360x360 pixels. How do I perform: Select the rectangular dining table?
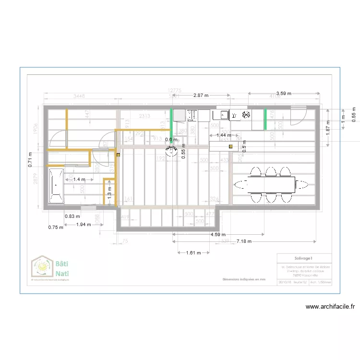point(271,183)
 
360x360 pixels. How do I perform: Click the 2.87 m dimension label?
point(201,96)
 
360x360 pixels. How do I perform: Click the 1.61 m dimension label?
point(193,252)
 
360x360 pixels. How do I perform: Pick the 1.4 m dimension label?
point(79,180)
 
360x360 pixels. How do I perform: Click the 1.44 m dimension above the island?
point(223,136)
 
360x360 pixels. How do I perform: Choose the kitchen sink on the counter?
point(224,115)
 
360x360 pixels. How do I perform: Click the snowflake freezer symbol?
point(246,115)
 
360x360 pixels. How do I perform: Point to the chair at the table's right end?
point(303,183)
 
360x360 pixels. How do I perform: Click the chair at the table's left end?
point(240,183)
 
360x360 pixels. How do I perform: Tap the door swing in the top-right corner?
point(298,115)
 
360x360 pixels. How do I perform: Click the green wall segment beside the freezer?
point(265,119)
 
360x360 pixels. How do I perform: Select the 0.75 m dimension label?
point(56,228)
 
